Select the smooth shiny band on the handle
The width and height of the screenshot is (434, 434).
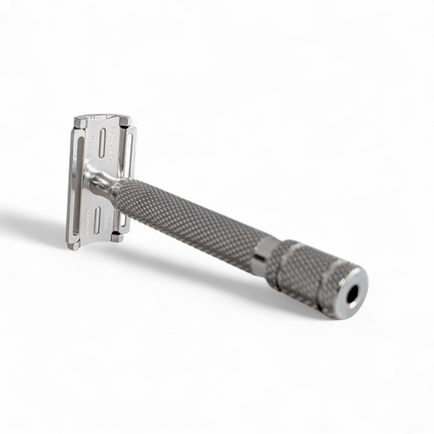click(x=263, y=256)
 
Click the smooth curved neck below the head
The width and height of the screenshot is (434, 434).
click(x=100, y=180)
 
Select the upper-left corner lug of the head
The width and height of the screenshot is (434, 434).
click(x=80, y=122)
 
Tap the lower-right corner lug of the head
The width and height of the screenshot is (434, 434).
click(x=117, y=236)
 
